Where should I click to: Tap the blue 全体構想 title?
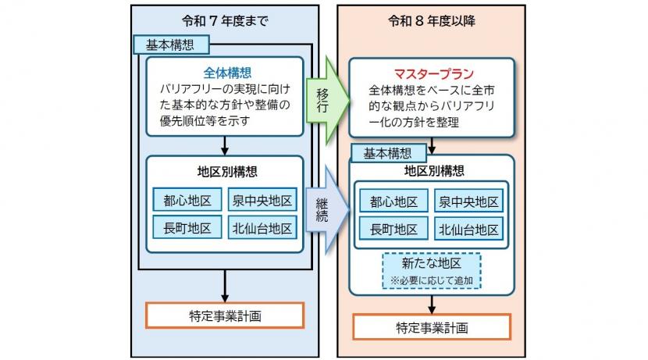224,71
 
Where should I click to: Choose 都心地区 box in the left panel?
187,201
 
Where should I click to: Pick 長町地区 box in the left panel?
187,228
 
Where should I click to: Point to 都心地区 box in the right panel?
393,201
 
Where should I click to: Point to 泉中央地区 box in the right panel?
468,201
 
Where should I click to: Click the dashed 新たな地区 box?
432,270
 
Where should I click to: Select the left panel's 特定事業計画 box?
225,315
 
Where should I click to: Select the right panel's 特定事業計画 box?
432,326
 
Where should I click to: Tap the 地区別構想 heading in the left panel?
224,169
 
